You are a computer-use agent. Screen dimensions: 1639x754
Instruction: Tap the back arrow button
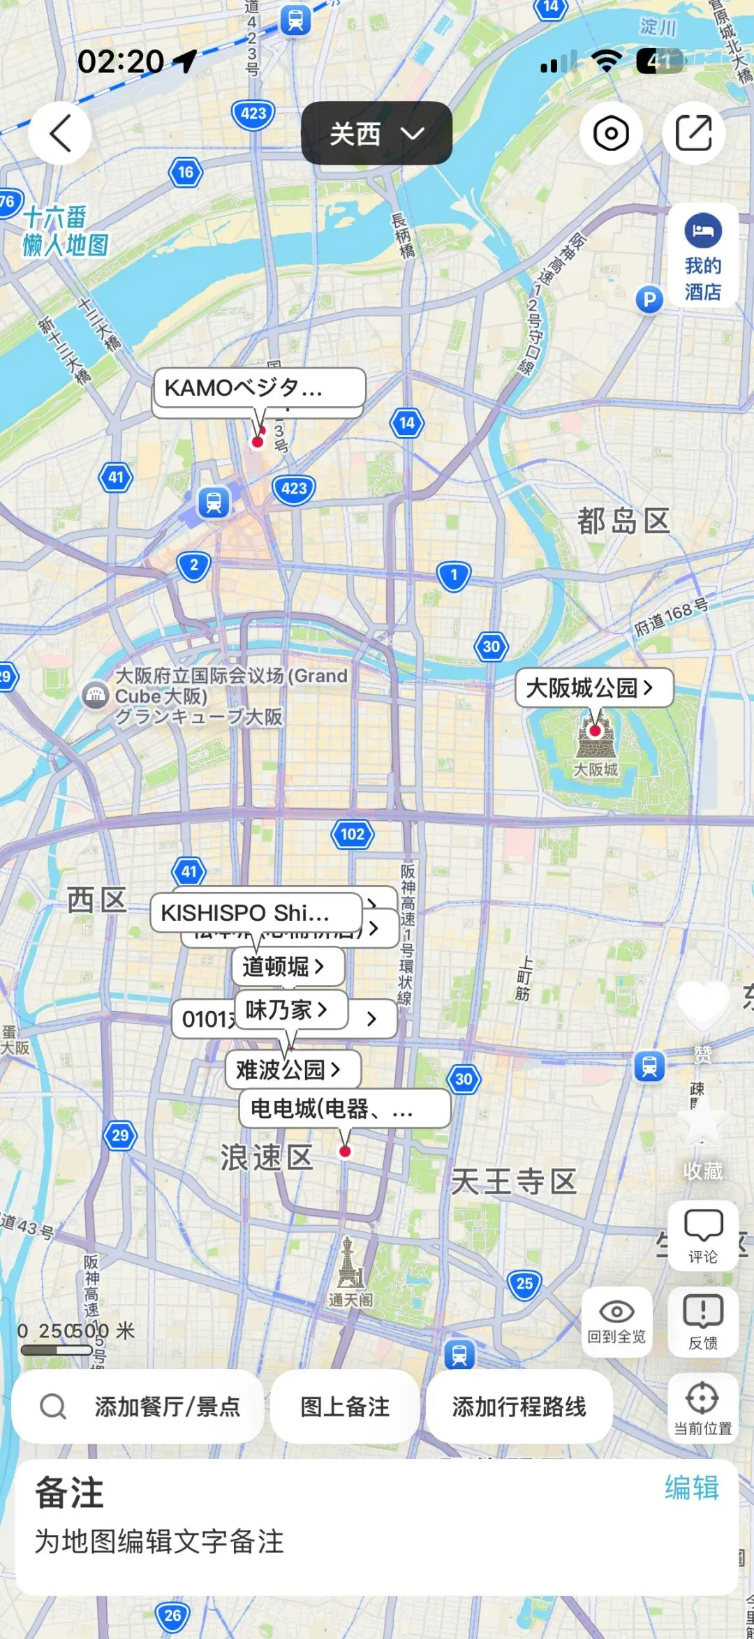60,133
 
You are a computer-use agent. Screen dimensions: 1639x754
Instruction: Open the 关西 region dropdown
376,133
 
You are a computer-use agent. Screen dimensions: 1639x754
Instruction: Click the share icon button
693,133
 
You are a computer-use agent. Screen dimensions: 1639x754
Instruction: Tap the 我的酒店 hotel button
702,255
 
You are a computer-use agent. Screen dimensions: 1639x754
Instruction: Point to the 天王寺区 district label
514,1182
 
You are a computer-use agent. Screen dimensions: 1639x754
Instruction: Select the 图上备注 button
345,1407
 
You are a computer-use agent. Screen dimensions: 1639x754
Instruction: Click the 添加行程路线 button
519,1407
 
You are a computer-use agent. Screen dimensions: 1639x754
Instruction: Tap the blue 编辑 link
691,1488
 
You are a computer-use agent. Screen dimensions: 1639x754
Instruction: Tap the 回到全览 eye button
616,1321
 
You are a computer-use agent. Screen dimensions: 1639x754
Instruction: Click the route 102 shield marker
353,834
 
